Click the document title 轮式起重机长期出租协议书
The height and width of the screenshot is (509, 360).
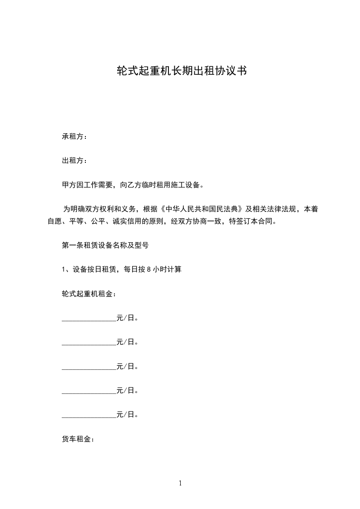pos(182,71)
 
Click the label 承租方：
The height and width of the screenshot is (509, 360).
pos(75,136)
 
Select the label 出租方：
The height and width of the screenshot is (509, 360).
pos(75,161)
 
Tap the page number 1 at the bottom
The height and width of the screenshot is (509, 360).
pos(180,483)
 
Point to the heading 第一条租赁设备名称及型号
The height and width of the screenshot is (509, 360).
pos(105,245)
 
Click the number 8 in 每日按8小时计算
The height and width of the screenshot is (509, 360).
pos(149,269)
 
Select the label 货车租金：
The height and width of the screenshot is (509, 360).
pos(78,439)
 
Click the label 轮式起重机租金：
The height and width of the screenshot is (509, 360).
pos(89,294)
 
